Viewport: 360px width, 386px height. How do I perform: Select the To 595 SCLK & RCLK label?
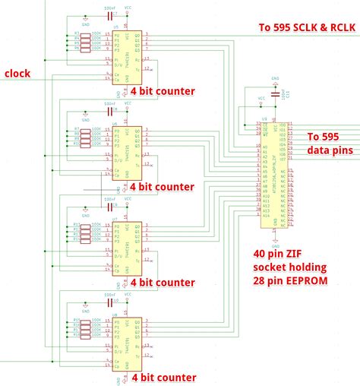(307, 28)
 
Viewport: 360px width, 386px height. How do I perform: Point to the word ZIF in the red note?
(290, 255)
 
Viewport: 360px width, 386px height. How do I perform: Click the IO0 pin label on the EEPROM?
(283, 125)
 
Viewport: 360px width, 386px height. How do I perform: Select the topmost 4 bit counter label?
(163, 91)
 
